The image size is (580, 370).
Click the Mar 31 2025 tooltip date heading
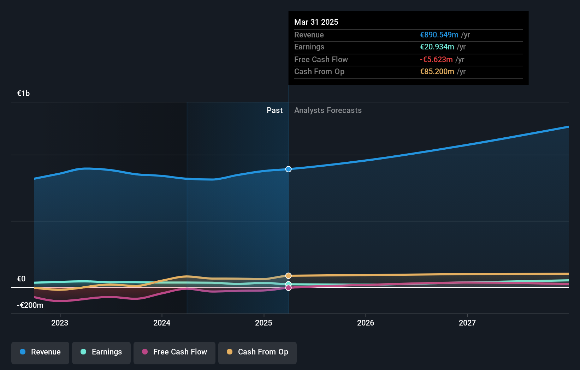coord(316,22)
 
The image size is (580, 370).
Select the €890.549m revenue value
coord(439,35)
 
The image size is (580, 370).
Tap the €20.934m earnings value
coord(437,47)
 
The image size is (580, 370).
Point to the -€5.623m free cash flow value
coord(436,59)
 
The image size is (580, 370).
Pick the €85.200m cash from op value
coord(437,71)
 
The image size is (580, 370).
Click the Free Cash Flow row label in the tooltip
coord(321,59)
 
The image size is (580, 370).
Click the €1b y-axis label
coord(23,93)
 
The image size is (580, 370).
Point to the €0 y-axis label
coord(21,279)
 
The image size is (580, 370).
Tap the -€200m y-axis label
coord(30,305)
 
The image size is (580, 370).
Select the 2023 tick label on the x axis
coord(60,323)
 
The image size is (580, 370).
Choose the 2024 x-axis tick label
coord(162,323)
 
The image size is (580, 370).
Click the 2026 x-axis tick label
coord(365,323)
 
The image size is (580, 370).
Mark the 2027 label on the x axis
coord(467,323)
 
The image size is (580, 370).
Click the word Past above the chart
coord(274,110)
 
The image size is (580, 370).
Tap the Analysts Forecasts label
coord(328,110)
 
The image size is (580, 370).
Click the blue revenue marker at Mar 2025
coord(289,169)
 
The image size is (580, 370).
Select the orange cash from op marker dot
coord(289,275)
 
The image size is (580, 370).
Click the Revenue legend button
coord(40,352)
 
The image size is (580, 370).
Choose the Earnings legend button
coord(101,352)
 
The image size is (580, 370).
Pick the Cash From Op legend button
coord(258,352)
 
